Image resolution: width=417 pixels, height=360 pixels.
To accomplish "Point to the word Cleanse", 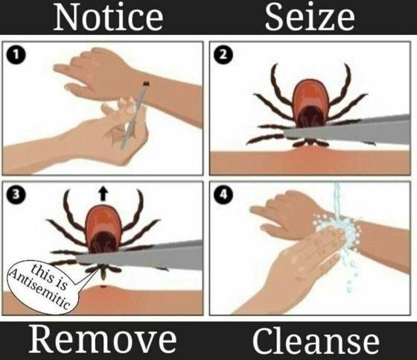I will tap(314, 341).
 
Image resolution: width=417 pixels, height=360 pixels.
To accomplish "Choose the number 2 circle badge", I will tap(223, 54).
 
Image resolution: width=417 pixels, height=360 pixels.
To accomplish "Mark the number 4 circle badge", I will tap(223, 195).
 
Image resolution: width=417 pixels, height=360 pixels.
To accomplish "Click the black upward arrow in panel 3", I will tap(103, 195).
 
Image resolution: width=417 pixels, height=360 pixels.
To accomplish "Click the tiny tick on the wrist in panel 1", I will tap(144, 83).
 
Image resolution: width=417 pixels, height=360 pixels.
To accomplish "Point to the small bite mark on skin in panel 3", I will tap(100, 286).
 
